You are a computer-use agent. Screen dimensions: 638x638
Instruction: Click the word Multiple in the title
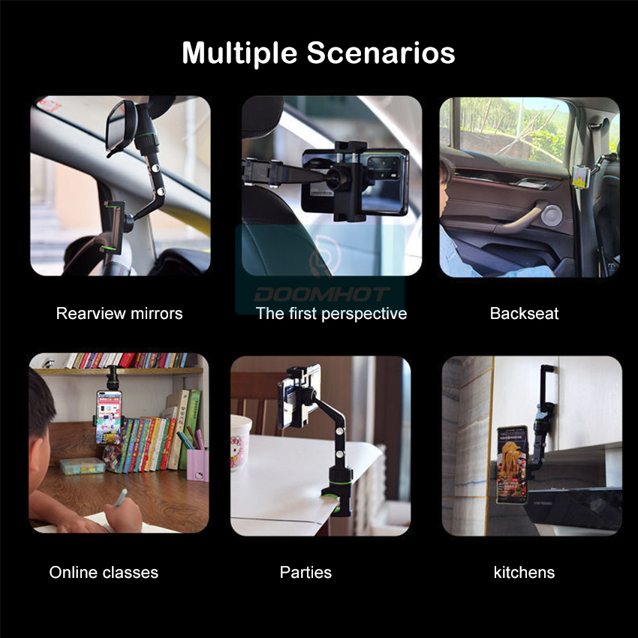coord(239,53)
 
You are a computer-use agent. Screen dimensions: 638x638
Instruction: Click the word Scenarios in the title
coord(381,53)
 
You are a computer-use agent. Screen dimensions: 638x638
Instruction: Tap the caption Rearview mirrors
coord(119,313)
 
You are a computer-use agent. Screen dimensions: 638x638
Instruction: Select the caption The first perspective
coord(331,314)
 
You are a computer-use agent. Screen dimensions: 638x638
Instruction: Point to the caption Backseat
coord(524,313)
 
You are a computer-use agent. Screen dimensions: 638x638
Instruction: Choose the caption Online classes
coord(104,572)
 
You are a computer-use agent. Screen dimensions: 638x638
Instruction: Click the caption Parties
coord(305,572)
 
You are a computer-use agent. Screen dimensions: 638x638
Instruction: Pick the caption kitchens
coord(524,572)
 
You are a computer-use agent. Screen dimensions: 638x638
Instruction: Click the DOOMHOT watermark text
coord(321,294)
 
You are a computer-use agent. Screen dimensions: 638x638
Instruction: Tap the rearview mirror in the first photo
coord(120,128)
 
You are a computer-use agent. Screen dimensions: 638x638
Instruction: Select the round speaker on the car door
coord(552,215)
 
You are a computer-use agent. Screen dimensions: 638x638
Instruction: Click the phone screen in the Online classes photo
coord(109,418)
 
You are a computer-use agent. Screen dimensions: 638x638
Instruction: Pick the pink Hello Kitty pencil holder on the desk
coord(197,465)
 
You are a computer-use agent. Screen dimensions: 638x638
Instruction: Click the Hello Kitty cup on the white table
coord(240,442)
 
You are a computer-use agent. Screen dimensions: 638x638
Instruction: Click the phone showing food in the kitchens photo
coord(512,465)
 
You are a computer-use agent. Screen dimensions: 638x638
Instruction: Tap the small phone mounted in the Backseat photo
coord(581,177)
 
